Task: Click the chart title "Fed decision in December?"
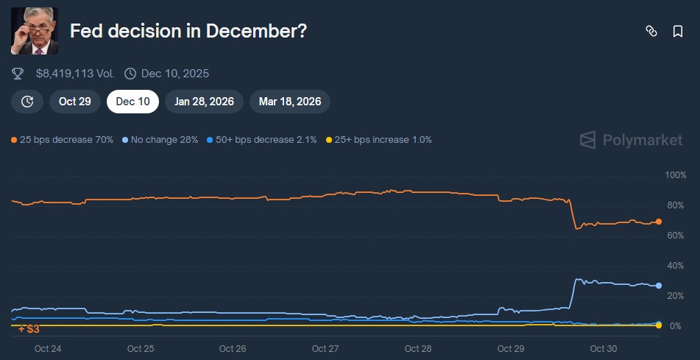coord(188,32)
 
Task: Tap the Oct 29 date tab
coord(75,102)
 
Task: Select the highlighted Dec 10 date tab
coord(133,102)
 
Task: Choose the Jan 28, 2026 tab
coord(205,102)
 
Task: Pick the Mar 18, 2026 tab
coord(290,102)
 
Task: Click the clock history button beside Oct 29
coord(27,102)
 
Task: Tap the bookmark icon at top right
coord(677,31)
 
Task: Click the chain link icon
coord(651,31)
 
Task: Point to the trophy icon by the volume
coord(18,74)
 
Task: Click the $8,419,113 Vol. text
coord(75,74)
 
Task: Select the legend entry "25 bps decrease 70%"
coord(63,139)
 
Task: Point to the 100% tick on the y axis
coord(675,175)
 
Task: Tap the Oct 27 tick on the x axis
coord(325,348)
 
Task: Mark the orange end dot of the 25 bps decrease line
coord(659,222)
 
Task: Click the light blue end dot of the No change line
coord(659,286)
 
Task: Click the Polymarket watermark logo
coord(631,140)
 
